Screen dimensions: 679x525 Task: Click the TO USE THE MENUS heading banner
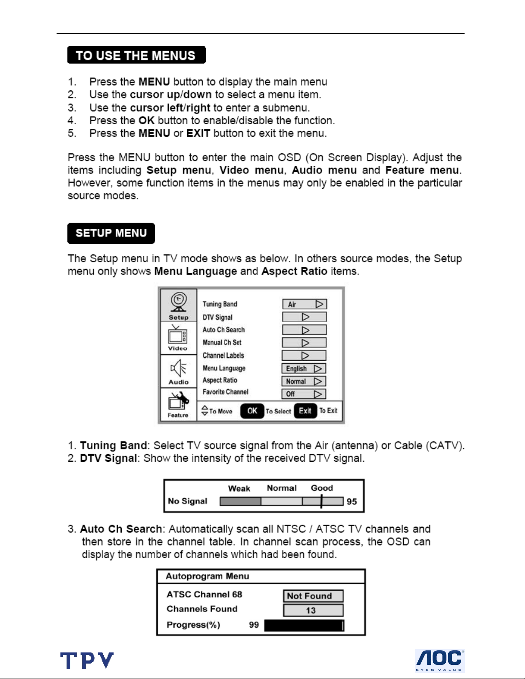pos(136,55)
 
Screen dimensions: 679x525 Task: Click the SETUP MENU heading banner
pos(111,233)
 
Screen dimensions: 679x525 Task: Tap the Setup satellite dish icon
pos(179,302)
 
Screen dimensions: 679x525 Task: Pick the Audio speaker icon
pos(178,368)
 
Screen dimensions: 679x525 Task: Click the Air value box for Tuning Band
pos(304,304)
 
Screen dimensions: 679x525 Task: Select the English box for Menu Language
pos(304,368)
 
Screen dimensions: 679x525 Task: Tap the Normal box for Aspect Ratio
pos(304,381)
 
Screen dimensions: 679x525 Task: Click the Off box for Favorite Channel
pos(304,394)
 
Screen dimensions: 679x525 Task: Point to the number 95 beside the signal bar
pos(352,502)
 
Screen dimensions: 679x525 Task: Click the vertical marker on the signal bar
pos(321,501)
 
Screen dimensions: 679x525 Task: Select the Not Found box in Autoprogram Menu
pos(313,596)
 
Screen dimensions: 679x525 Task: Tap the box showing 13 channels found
pos(313,610)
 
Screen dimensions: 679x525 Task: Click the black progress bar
pos(304,625)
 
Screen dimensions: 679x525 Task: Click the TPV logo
pos(87,661)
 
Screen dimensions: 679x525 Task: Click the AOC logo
pos(440,661)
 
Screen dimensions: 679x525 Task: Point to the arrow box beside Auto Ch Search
pos(304,330)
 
